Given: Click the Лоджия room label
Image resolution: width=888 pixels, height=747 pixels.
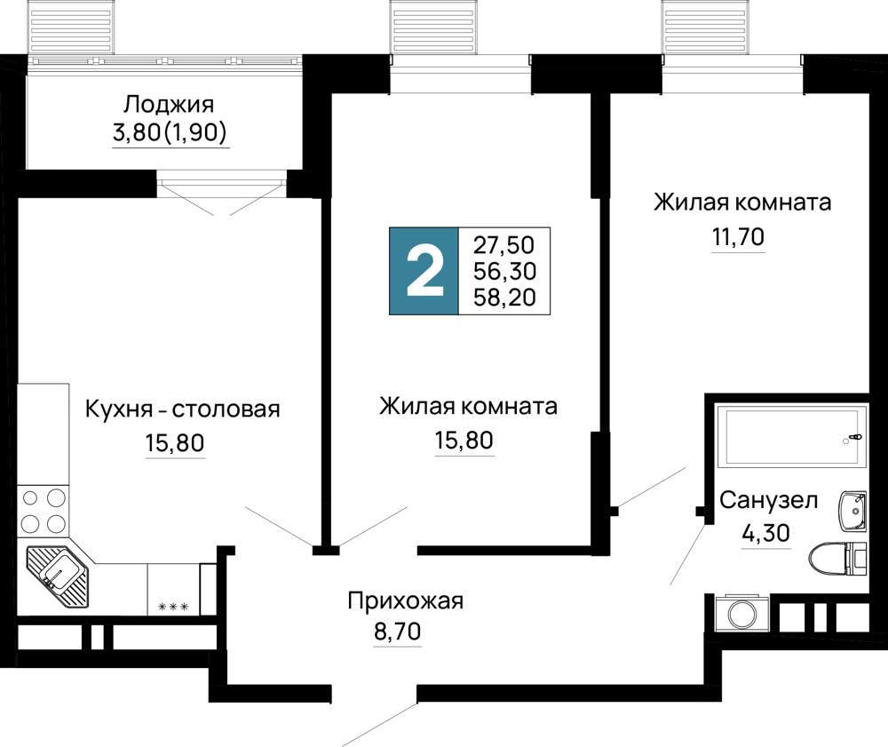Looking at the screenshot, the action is (x=169, y=105).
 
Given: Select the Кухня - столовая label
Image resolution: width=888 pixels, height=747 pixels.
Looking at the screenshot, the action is (x=182, y=409).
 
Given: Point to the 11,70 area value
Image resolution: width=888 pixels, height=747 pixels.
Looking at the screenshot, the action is (x=738, y=236).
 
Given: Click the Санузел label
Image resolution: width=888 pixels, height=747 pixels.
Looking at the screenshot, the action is (x=768, y=500).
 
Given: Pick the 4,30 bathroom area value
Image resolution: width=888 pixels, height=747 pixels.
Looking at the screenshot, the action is (x=765, y=533).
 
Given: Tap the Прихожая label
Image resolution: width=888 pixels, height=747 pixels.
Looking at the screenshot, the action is (x=406, y=600).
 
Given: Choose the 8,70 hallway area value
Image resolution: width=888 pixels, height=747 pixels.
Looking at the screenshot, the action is (x=398, y=631).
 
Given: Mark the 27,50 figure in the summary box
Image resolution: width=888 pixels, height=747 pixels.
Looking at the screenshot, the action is (x=504, y=245).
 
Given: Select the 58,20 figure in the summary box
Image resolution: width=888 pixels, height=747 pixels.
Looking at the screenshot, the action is (x=504, y=298).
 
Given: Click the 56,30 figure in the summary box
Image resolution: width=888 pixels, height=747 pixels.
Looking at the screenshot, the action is (x=504, y=271).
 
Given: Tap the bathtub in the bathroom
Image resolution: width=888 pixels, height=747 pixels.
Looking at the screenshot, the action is (x=791, y=435).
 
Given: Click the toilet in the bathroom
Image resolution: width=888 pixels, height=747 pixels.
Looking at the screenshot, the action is (x=838, y=559).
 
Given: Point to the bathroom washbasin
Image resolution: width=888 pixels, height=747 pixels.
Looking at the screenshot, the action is (x=852, y=511).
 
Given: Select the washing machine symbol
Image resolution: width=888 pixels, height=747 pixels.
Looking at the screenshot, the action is (x=741, y=613).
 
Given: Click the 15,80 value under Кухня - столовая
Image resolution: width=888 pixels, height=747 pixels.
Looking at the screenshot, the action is (x=175, y=443).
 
